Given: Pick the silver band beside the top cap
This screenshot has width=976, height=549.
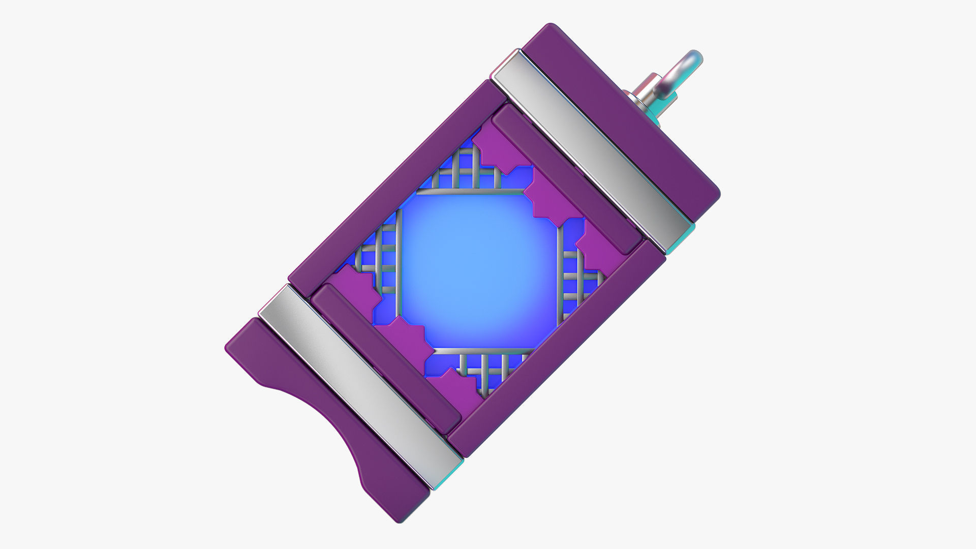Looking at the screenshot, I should [592, 147].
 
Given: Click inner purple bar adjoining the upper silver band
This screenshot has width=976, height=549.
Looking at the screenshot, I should [564, 178].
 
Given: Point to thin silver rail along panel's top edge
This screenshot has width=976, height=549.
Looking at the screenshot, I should [470, 192].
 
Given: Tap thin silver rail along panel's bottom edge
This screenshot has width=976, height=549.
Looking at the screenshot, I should [483, 351].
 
